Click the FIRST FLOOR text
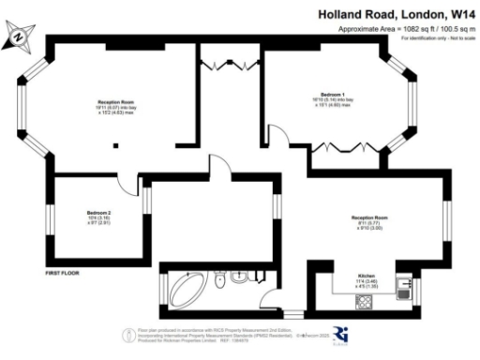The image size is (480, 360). click(x=65, y=273)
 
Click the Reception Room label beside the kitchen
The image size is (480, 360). click(x=370, y=221)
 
